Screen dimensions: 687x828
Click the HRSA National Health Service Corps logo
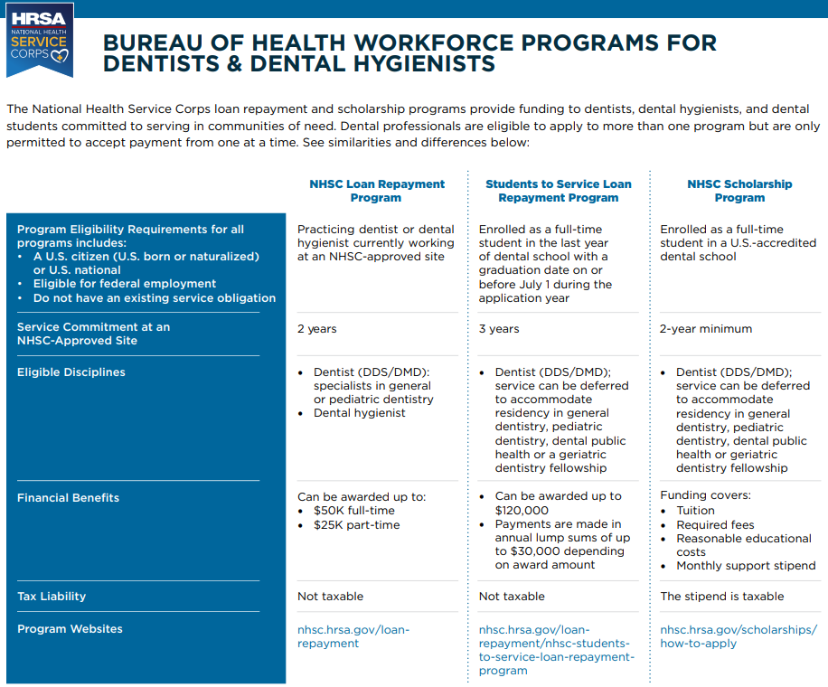[x=39, y=38]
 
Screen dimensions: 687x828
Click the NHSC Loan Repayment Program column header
[x=377, y=191]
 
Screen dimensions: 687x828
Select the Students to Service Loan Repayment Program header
[x=558, y=191]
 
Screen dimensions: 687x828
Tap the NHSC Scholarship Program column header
[x=739, y=191]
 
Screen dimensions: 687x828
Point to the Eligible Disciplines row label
[x=71, y=372]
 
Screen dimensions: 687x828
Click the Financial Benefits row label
[x=68, y=498]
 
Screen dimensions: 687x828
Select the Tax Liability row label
[x=52, y=597]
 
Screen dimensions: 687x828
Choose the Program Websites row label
[x=70, y=629]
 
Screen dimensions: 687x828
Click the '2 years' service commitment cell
[x=316, y=329]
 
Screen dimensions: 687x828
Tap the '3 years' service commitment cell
[x=499, y=329]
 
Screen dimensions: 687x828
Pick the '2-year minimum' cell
[x=706, y=329]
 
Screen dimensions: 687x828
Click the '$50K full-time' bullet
[x=354, y=512]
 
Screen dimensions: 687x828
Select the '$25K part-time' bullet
[x=356, y=525]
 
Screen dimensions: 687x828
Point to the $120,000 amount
[x=522, y=511]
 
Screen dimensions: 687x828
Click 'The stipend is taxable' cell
[x=722, y=597]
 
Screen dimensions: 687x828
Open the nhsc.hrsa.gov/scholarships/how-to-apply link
[x=739, y=636]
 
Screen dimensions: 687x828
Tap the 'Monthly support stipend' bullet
[x=746, y=566]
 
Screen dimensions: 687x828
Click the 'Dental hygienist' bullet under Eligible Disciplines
[x=359, y=413]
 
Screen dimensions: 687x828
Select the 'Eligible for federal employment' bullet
[x=125, y=284]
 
